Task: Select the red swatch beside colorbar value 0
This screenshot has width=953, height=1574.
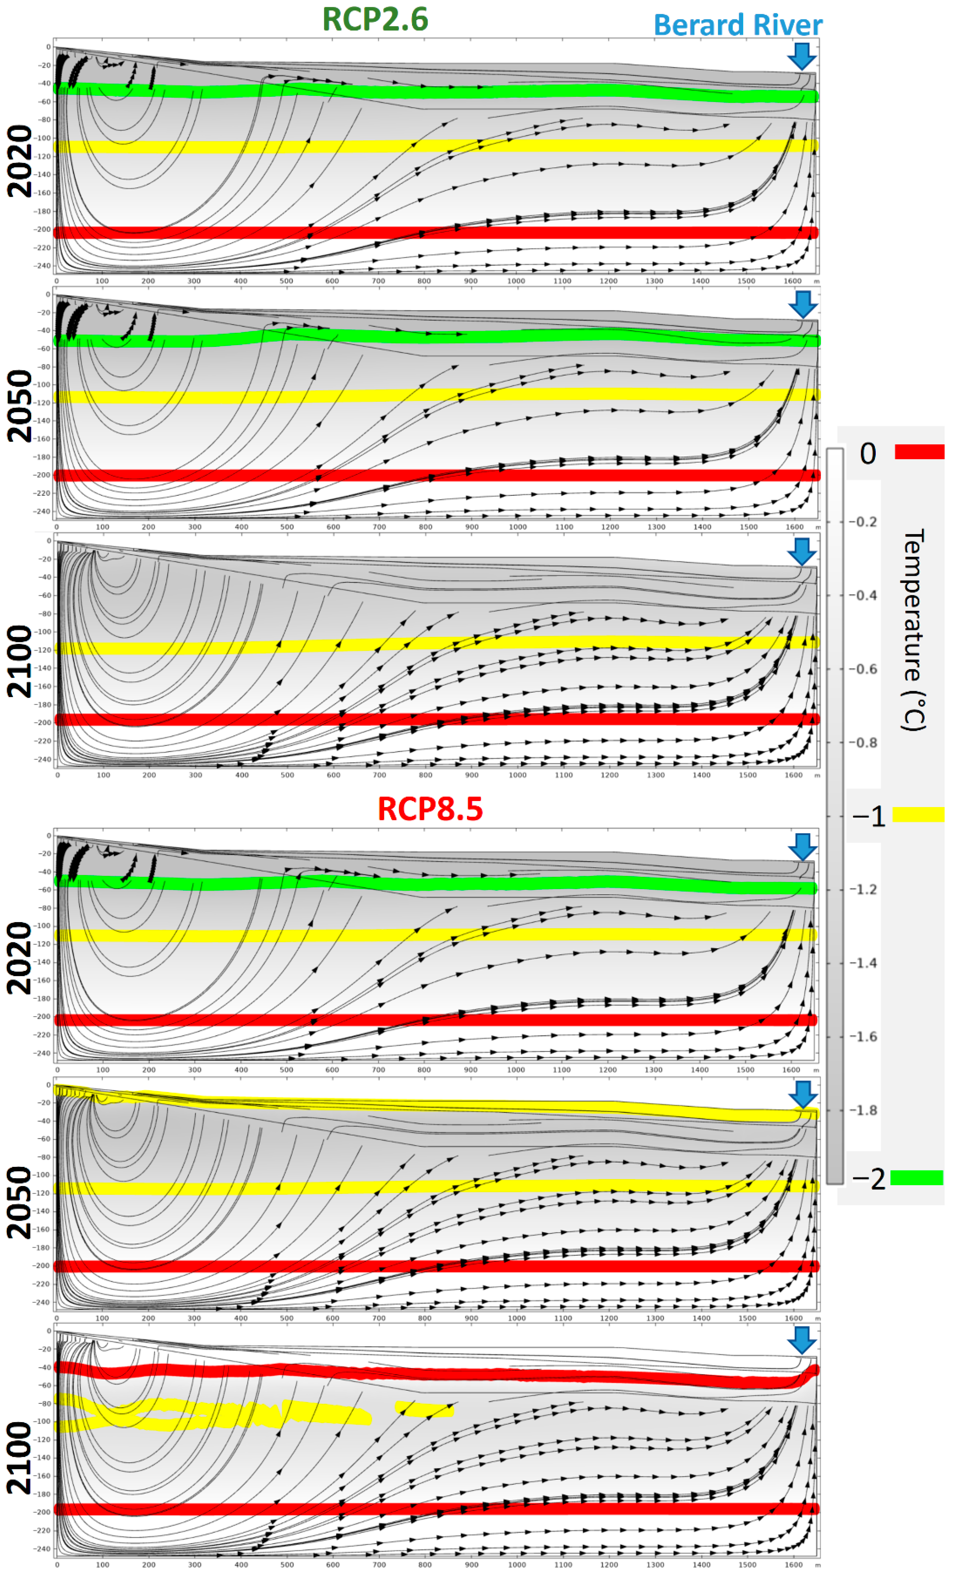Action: tap(919, 452)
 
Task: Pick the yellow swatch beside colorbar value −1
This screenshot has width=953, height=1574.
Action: tap(918, 815)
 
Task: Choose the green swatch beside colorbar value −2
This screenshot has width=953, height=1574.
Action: tap(916, 1177)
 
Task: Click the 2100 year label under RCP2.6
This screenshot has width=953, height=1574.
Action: tap(19, 661)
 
